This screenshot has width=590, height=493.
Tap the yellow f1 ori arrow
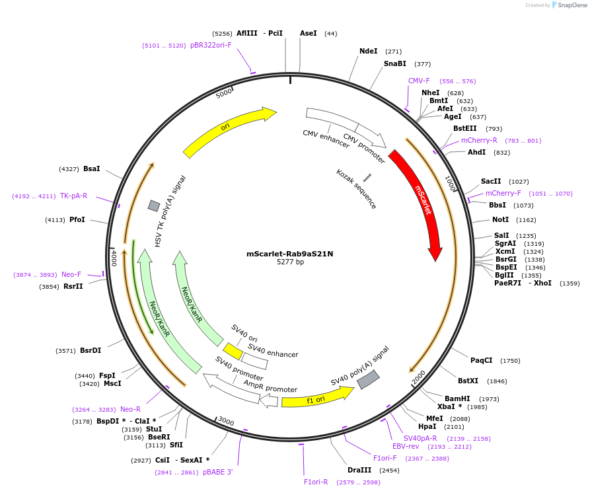point(316,398)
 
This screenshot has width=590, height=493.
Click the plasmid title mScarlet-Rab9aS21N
point(290,253)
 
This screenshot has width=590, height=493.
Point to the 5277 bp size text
point(290,262)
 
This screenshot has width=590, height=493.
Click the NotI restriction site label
point(500,219)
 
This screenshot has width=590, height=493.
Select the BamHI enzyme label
point(457,398)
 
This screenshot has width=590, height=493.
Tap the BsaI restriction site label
point(92,169)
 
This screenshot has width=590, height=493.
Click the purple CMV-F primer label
point(419,81)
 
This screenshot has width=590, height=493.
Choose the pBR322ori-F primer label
point(211,45)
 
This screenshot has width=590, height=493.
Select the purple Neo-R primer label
point(130,409)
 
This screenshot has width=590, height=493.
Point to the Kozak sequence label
point(356,189)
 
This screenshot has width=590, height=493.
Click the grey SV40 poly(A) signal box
point(368,379)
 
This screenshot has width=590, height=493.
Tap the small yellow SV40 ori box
point(232,350)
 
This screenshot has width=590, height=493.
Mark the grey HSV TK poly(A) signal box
point(154,206)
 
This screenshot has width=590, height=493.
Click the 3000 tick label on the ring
point(226,422)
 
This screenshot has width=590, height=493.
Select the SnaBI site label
point(395,63)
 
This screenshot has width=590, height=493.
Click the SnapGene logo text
point(572,5)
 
